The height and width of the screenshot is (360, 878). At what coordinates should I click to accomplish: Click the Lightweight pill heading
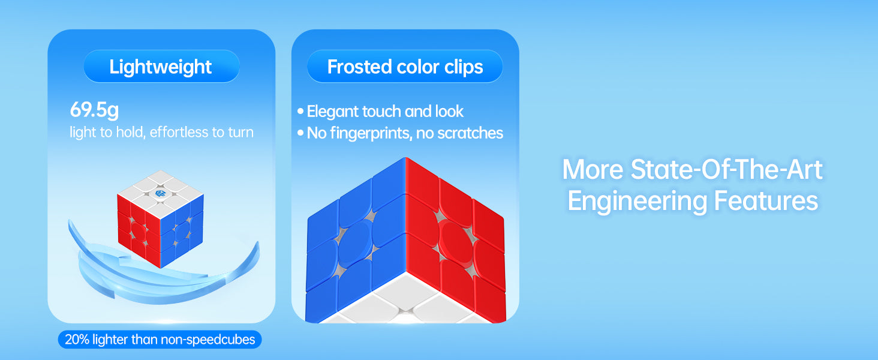pos(161,66)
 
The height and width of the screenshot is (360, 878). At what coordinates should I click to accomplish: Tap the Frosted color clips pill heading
pos(405,66)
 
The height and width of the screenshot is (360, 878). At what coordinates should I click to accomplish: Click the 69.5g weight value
pos(94,109)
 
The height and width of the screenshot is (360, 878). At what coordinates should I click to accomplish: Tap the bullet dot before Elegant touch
pos(300,112)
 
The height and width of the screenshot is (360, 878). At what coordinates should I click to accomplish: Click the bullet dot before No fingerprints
pos(300,133)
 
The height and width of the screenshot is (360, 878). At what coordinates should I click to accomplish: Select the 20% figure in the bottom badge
pos(77,339)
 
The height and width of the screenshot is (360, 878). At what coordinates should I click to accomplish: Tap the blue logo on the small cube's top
pos(160,193)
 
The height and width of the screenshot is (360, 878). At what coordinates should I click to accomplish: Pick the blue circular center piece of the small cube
pos(182,232)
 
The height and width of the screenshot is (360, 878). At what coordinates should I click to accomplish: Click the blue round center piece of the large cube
pos(355,243)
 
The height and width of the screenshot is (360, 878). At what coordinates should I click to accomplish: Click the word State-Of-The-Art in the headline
pos(726,169)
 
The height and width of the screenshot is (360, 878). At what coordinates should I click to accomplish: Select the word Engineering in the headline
pos(636,202)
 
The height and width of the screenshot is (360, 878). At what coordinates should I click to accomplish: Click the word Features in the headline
pos(766,201)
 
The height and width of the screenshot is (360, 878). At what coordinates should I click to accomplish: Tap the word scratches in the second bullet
pos(470,133)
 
